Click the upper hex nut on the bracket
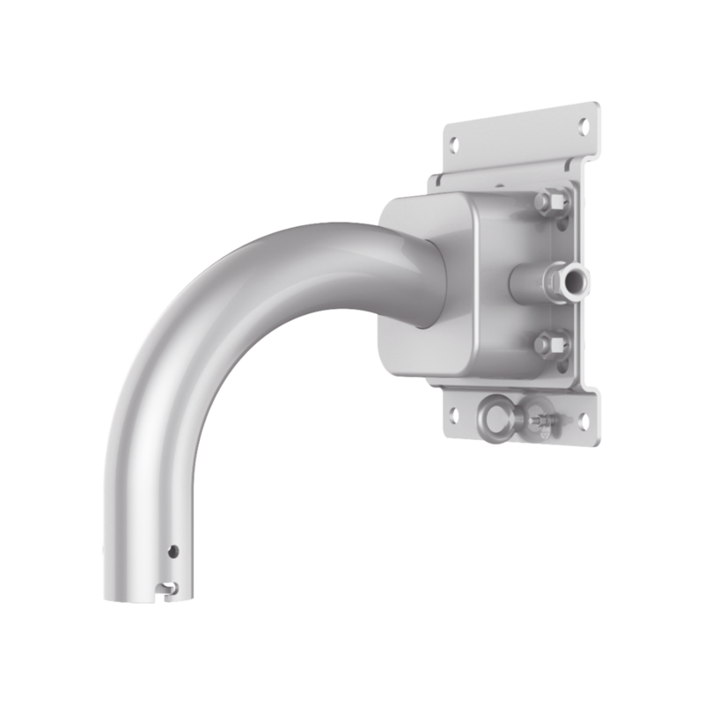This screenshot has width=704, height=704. (x=552, y=204)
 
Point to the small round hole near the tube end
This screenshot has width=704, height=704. (x=173, y=551)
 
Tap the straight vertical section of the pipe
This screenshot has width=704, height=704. (x=150, y=493)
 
